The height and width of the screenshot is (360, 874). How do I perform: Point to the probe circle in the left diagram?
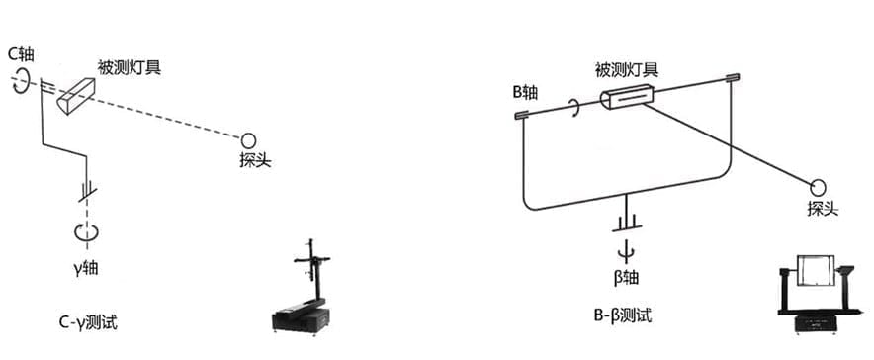click(x=248, y=139)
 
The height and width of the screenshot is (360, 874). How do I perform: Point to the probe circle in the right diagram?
click(x=819, y=186)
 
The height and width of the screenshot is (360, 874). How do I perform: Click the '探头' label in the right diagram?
click(x=823, y=209)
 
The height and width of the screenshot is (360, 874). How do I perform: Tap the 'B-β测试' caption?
click(x=623, y=316)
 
